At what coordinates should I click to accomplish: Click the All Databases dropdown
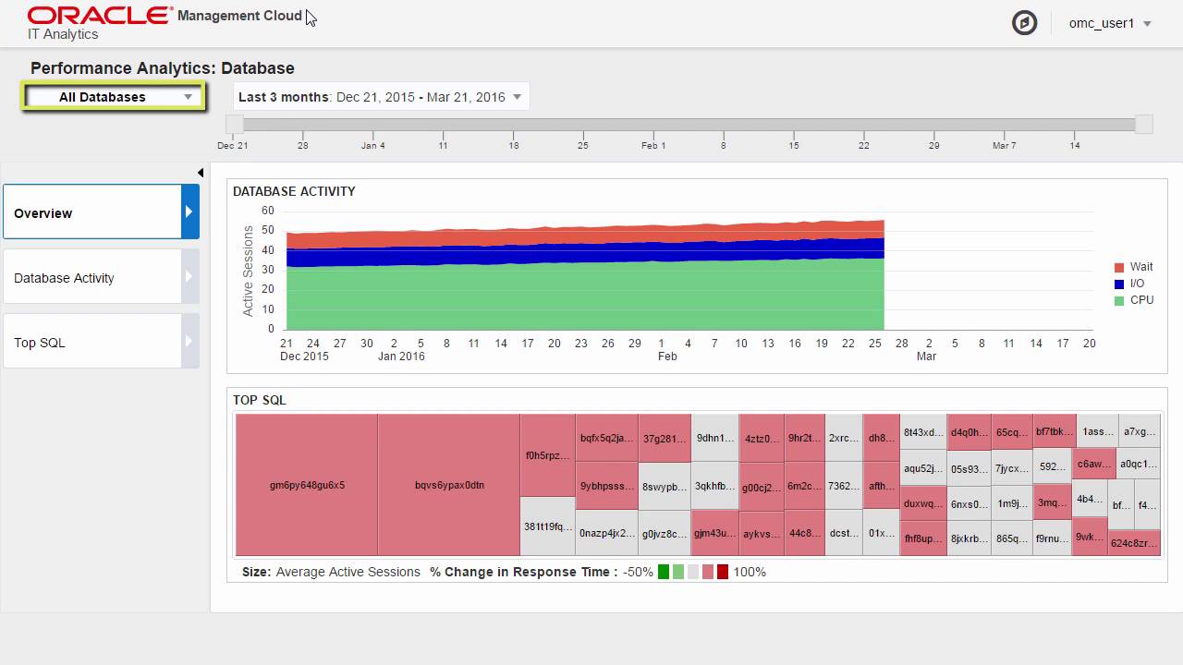click(x=113, y=97)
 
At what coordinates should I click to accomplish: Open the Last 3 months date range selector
click(x=380, y=97)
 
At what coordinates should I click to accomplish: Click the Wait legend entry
click(x=1134, y=267)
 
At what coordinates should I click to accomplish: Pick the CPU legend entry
click(x=1134, y=300)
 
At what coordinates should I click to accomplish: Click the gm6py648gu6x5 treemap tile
click(x=307, y=485)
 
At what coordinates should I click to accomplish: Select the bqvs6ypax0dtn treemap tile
click(x=449, y=485)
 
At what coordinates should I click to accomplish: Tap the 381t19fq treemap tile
click(x=548, y=526)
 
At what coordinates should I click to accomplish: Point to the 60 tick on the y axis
click(x=268, y=211)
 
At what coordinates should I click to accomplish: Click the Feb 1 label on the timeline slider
click(x=653, y=145)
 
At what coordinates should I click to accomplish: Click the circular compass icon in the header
click(x=1024, y=23)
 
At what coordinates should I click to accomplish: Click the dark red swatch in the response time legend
click(x=723, y=572)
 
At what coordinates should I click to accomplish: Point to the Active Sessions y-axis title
click(x=248, y=271)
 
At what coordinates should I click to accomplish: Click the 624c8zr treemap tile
click(x=1134, y=543)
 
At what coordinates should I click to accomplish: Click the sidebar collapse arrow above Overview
click(x=201, y=173)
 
